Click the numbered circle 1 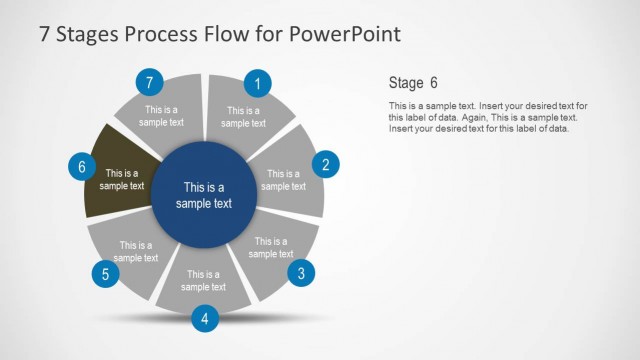258,84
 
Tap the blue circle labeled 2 326,165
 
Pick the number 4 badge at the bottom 204,319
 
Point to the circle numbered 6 82,167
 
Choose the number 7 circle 149,82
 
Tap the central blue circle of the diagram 203,194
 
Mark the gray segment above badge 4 203,280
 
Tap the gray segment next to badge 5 134,250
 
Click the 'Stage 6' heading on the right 412,82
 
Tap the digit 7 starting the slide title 45,33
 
